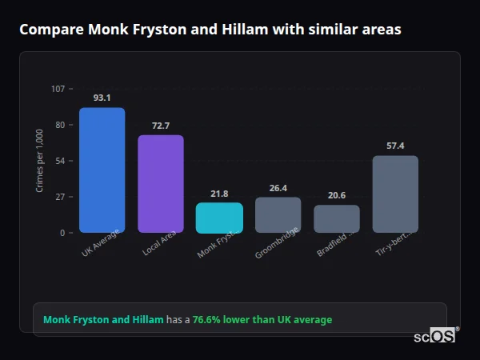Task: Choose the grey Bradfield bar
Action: (337, 218)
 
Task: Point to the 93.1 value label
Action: (102, 98)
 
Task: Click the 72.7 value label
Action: (161, 126)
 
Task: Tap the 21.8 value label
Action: (219, 194)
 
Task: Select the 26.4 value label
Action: (278, 188)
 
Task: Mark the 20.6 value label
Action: (337, 195)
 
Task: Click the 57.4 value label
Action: (395, 146)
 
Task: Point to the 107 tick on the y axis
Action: (58, 89)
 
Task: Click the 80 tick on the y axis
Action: (60, 125)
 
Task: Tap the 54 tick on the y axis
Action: (60, 161)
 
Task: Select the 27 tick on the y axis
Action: (60, 197)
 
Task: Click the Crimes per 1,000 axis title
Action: (40, 161)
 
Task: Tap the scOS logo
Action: (435, 337)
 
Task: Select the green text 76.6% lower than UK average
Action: (262, 320)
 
